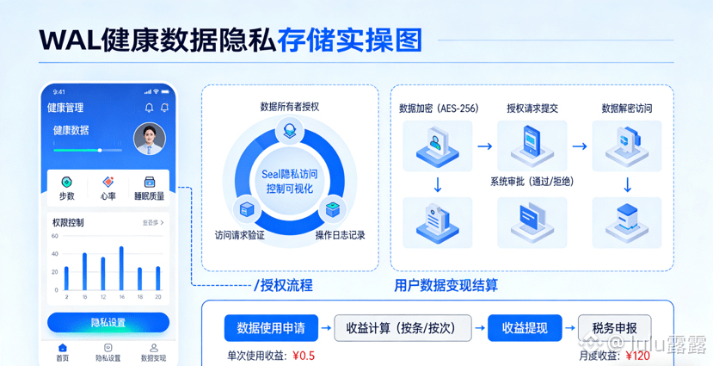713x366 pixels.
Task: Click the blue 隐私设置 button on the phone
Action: [108, 323]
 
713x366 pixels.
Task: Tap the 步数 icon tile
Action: [66, 188]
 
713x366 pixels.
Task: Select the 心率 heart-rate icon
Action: [108, 188]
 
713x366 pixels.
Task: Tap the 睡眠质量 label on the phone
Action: [149, 196]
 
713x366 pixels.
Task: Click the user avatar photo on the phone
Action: [150, 138]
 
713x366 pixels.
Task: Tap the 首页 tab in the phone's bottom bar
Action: [62, 352]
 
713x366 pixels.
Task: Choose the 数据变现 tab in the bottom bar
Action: [154, 352]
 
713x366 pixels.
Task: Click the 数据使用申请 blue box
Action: [270, 328]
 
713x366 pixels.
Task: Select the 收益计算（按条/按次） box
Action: [403, 328]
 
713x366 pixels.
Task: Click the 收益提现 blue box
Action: [525, 328]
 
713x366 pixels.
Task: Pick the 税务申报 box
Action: [613, 328]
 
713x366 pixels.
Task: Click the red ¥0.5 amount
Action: [304, 356]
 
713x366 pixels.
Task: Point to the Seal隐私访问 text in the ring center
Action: [289, 174]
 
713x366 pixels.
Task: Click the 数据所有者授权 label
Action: [290, 107]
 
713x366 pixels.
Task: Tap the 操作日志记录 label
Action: [340, 235]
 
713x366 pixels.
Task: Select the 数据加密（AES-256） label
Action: [439, 109]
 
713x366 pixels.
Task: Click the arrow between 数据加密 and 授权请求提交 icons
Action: [485, 146]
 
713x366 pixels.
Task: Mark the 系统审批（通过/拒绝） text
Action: [532, 182]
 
